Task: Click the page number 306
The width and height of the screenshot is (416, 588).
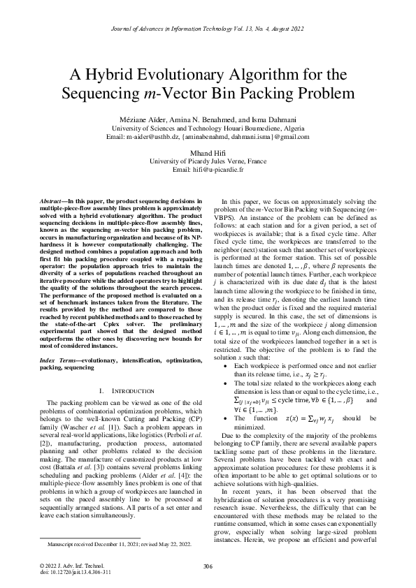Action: pos(208,565)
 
